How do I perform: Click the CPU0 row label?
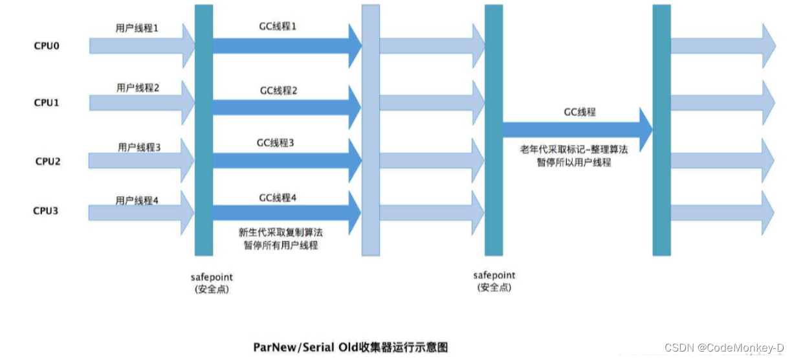47,47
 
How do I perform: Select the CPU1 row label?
47,103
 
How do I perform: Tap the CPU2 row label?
47,161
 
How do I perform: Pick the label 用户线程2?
138,87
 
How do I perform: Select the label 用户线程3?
139,148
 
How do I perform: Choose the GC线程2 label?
279,91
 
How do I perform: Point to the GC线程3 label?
276,142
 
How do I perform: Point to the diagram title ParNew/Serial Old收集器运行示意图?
350,347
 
